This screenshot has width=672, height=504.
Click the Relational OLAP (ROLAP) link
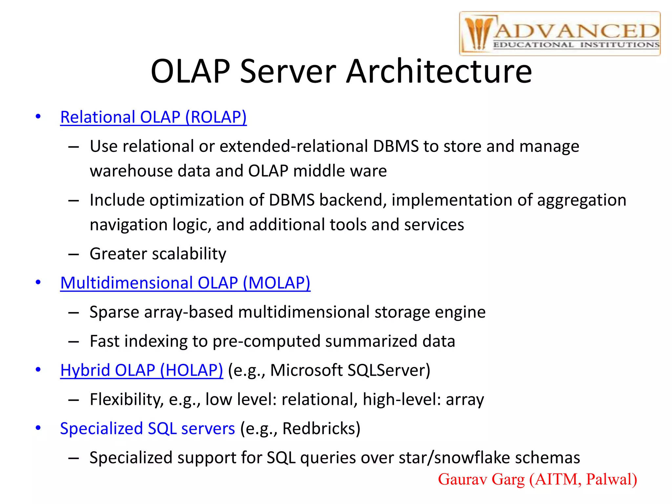pyautogui.click(x=153, y=117)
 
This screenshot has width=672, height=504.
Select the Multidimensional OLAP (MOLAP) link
pyautogui.click(x=185, y=283)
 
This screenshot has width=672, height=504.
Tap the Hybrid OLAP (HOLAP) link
pyautogui.click(x=141, y=370)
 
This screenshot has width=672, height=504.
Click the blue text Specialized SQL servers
pyautogui.click(x=147, y=429)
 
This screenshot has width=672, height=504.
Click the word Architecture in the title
pyautogui.click(x=439, y=71)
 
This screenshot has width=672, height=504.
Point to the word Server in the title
pyautogui.click(x=288, y=71)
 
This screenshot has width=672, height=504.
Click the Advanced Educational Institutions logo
pyautogui.click(x=559, y=34)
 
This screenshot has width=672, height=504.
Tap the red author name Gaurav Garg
pyautogui.click(x=481, y=479)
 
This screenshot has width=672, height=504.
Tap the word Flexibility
pyautogui.click(x=126, y=400)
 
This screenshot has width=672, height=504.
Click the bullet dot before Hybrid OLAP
pyautogui.click(x=38, y=370)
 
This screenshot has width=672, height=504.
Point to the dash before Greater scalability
pyautogui.click(x=73, y=254)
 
